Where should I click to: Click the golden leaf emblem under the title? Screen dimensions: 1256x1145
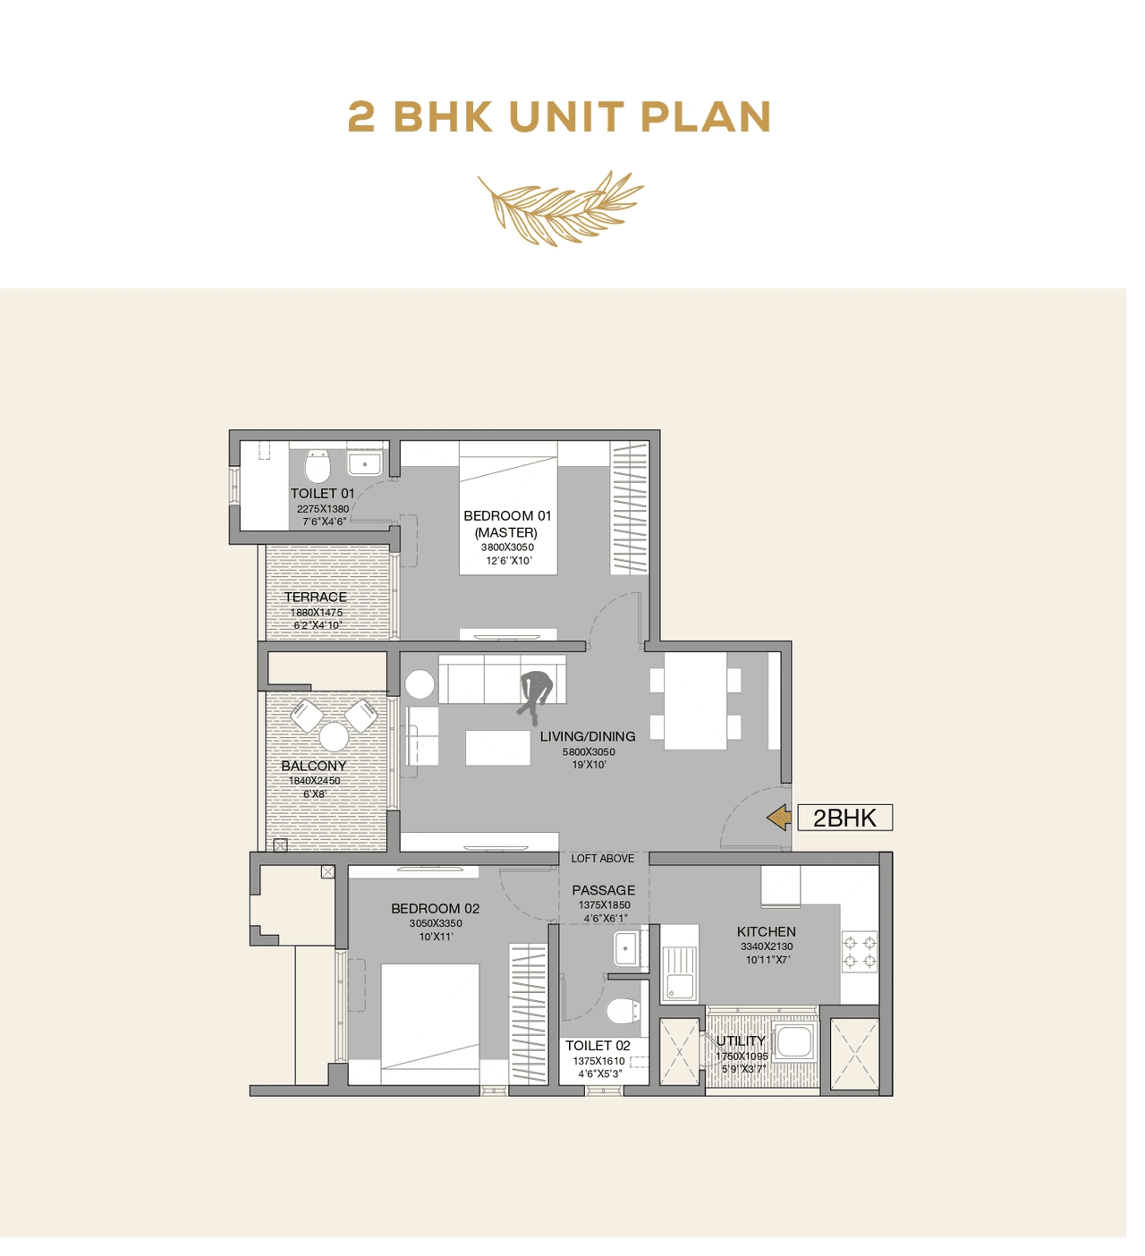(560, 208)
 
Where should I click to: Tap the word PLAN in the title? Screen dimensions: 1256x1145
(706, 117)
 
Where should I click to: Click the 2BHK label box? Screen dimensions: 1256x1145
(844, 818)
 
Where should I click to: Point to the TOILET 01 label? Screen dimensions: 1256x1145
(322, 493)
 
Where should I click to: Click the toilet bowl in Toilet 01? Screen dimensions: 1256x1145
(318, 466)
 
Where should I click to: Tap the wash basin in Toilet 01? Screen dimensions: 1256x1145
(364, 464)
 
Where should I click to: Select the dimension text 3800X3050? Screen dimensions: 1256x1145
(507, 547)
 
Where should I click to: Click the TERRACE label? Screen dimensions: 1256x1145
(316, 597)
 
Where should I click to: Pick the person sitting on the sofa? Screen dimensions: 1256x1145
(535, 693)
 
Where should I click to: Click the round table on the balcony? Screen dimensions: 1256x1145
(334, 737)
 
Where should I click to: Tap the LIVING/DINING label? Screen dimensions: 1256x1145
(588, 736)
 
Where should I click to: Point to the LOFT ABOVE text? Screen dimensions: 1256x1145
(602, 859)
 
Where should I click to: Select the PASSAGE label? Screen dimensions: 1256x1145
(604, 890)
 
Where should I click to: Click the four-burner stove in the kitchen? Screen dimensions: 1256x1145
(860, 953)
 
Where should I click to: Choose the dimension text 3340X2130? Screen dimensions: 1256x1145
(767, 946)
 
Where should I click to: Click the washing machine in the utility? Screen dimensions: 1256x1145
(794, 1041)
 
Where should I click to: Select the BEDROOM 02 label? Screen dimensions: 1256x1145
(436, 908)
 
